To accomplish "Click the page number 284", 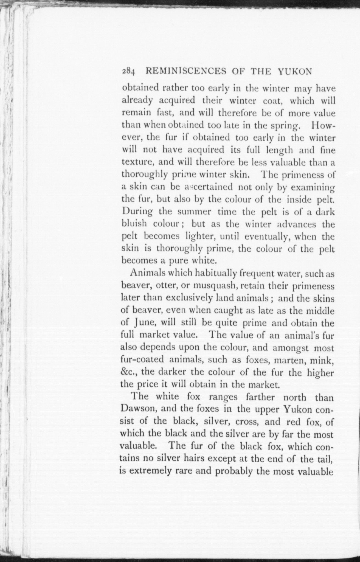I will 128,72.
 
